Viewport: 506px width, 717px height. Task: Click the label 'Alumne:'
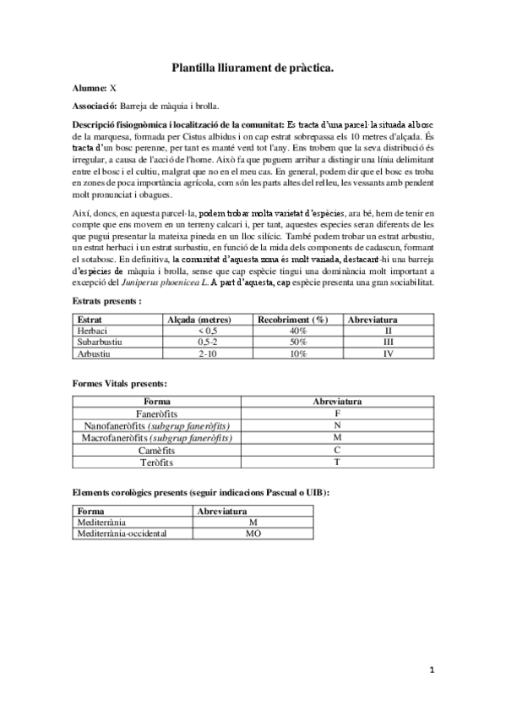(90, 88)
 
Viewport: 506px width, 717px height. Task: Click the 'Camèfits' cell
(156, 451)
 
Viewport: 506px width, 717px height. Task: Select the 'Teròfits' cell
(156, 462)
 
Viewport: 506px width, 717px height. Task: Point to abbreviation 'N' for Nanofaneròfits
(337, 425)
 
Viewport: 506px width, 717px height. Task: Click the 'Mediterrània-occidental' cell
(122, 534)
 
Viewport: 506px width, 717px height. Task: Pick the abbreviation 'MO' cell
(253, 534)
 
